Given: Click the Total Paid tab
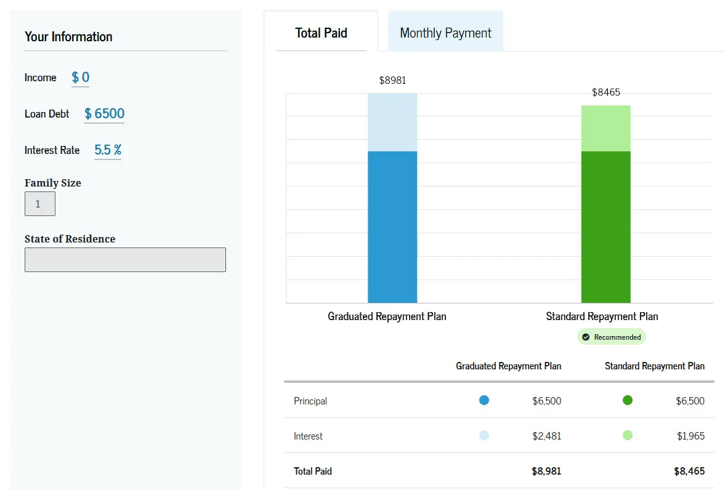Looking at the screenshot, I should (321, 33).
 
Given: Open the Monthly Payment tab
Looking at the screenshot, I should (445, 33).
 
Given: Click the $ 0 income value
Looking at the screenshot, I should (81, 78).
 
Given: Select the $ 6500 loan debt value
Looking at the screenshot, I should (104, 114).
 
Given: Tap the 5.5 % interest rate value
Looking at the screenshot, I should (108, 150).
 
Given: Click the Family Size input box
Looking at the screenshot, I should (40, 204).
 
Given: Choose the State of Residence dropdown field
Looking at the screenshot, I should (125, 260).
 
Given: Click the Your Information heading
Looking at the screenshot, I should (68, 37).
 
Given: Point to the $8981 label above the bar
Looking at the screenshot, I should (392, 80).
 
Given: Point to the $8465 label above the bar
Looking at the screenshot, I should (606, 92).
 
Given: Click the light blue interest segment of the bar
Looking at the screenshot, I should (392, 122).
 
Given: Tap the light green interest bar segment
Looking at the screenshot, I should (606, 128).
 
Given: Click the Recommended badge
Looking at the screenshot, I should (612, 337).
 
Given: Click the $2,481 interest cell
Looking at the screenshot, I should (547, 436).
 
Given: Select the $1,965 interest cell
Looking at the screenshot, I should (691, 436).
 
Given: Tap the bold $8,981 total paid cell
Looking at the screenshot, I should (546, 472).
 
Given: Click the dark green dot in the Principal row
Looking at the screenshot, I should (628, 400).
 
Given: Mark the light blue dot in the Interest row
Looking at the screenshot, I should (484, 435).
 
